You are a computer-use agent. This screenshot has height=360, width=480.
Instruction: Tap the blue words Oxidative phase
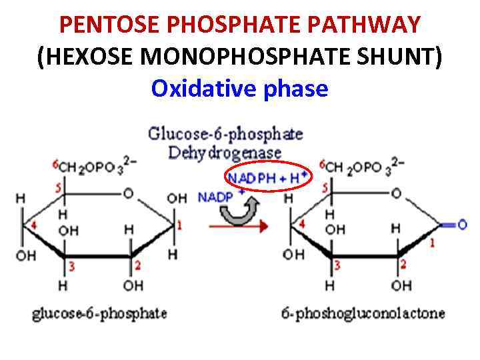click(239, 88)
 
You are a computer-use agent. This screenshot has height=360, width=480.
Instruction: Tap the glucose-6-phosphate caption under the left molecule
click(99, 313)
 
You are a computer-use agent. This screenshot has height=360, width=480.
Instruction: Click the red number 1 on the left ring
click(178, 225)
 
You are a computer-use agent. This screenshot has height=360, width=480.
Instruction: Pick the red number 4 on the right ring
click(301, 224)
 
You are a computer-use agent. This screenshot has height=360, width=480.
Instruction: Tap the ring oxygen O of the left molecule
click(128, 193)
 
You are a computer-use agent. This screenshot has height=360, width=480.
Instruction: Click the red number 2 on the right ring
click(403, 265)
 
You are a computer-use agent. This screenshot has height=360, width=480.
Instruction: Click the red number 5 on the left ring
click(59, 189)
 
